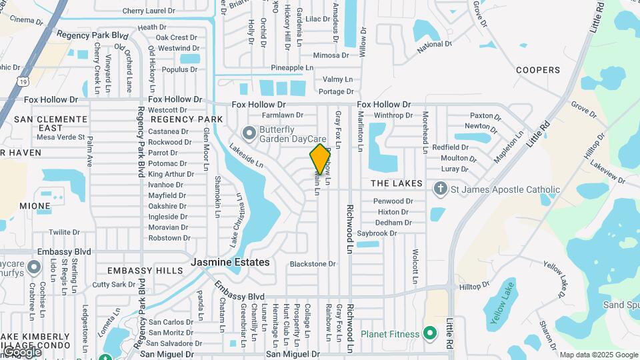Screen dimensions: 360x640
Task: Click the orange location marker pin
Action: (x=320, y=159)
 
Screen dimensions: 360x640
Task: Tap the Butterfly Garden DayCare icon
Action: (x=249, y=134)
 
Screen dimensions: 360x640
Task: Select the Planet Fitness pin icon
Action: (x=430, y=333)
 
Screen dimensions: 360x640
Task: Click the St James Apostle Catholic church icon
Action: (x=440, y=189)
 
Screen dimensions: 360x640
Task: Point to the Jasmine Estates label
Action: (x=231, y=262)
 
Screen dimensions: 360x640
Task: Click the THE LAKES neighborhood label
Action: (x=397, y=183)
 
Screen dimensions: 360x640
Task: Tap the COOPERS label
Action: (x=538, y=70)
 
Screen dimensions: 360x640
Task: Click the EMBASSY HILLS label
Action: (x=145, y=271)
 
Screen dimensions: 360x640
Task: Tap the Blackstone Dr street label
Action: (x=313, y=264)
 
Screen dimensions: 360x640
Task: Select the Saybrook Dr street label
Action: (x=377, y=233)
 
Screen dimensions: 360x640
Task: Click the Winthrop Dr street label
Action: (x=393, y=115)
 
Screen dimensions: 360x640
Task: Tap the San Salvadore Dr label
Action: (x=171, y=343)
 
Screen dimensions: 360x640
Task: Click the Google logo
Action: (x=21, y=351)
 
